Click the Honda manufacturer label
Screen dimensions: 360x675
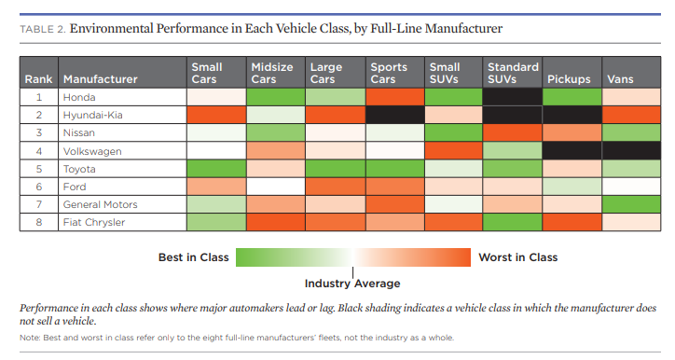coord(79,96)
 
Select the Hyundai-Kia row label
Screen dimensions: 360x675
coord(90,114)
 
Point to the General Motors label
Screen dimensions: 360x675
coord(100,204)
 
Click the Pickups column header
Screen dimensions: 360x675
coord(569,79)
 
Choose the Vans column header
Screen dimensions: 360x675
coord(620,79)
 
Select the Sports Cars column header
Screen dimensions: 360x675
coord(389,73)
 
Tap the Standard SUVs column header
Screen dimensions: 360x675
coord(513,73)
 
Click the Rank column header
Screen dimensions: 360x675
coord(38,79)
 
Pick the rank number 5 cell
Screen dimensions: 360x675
coord(38,168)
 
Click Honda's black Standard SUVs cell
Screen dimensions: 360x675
coord(513,96)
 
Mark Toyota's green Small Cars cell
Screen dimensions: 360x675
coord(216,168)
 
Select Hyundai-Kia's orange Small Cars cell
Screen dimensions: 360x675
coord(216,114)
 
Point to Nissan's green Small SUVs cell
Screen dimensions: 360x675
coord(453,132)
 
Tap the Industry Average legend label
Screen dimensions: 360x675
coord(352,283)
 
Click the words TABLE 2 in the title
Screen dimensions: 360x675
coord(42,30)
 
